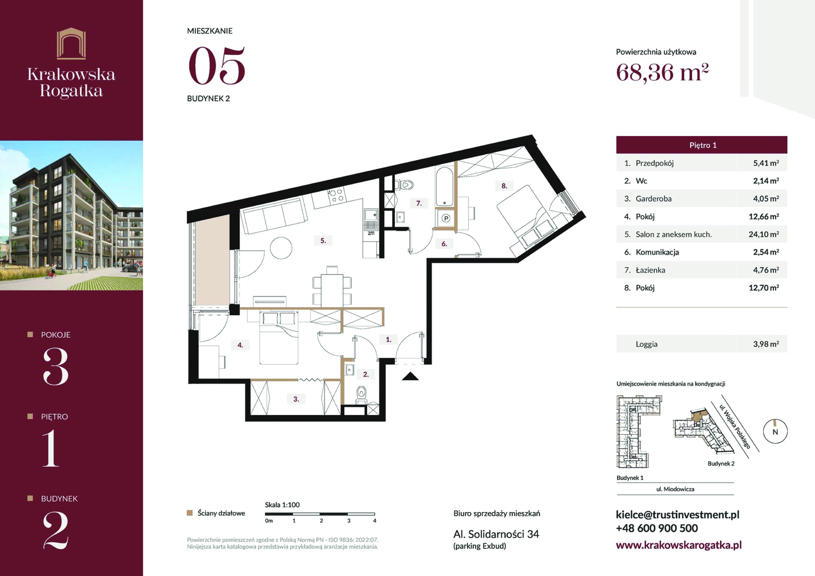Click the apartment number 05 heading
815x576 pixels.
tap(217, 66)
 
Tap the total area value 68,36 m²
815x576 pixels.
tap(662, 73)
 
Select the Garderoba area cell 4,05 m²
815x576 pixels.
tap(766, 198)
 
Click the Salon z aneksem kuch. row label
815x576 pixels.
tap(674, 234)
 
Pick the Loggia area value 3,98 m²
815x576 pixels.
tap(766, 344)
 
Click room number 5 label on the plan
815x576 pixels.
tap(323, 241)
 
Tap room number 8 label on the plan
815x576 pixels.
tap(504, 186)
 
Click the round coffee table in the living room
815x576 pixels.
tap(281, 248)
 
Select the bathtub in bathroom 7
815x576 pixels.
tap(444, 187)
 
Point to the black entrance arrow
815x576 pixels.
tap(410, 376)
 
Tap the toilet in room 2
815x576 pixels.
tap(361, 394)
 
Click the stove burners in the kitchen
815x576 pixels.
tap(337, 195)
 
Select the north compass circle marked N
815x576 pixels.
tap(775, 431)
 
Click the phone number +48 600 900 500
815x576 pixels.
tap(656, 528)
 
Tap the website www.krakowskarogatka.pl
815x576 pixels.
tap(678, 545)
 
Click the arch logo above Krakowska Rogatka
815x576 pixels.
tap(72, 43)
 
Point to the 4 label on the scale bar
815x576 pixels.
tap(374, 521)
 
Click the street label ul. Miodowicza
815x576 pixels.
tap(675, 489)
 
